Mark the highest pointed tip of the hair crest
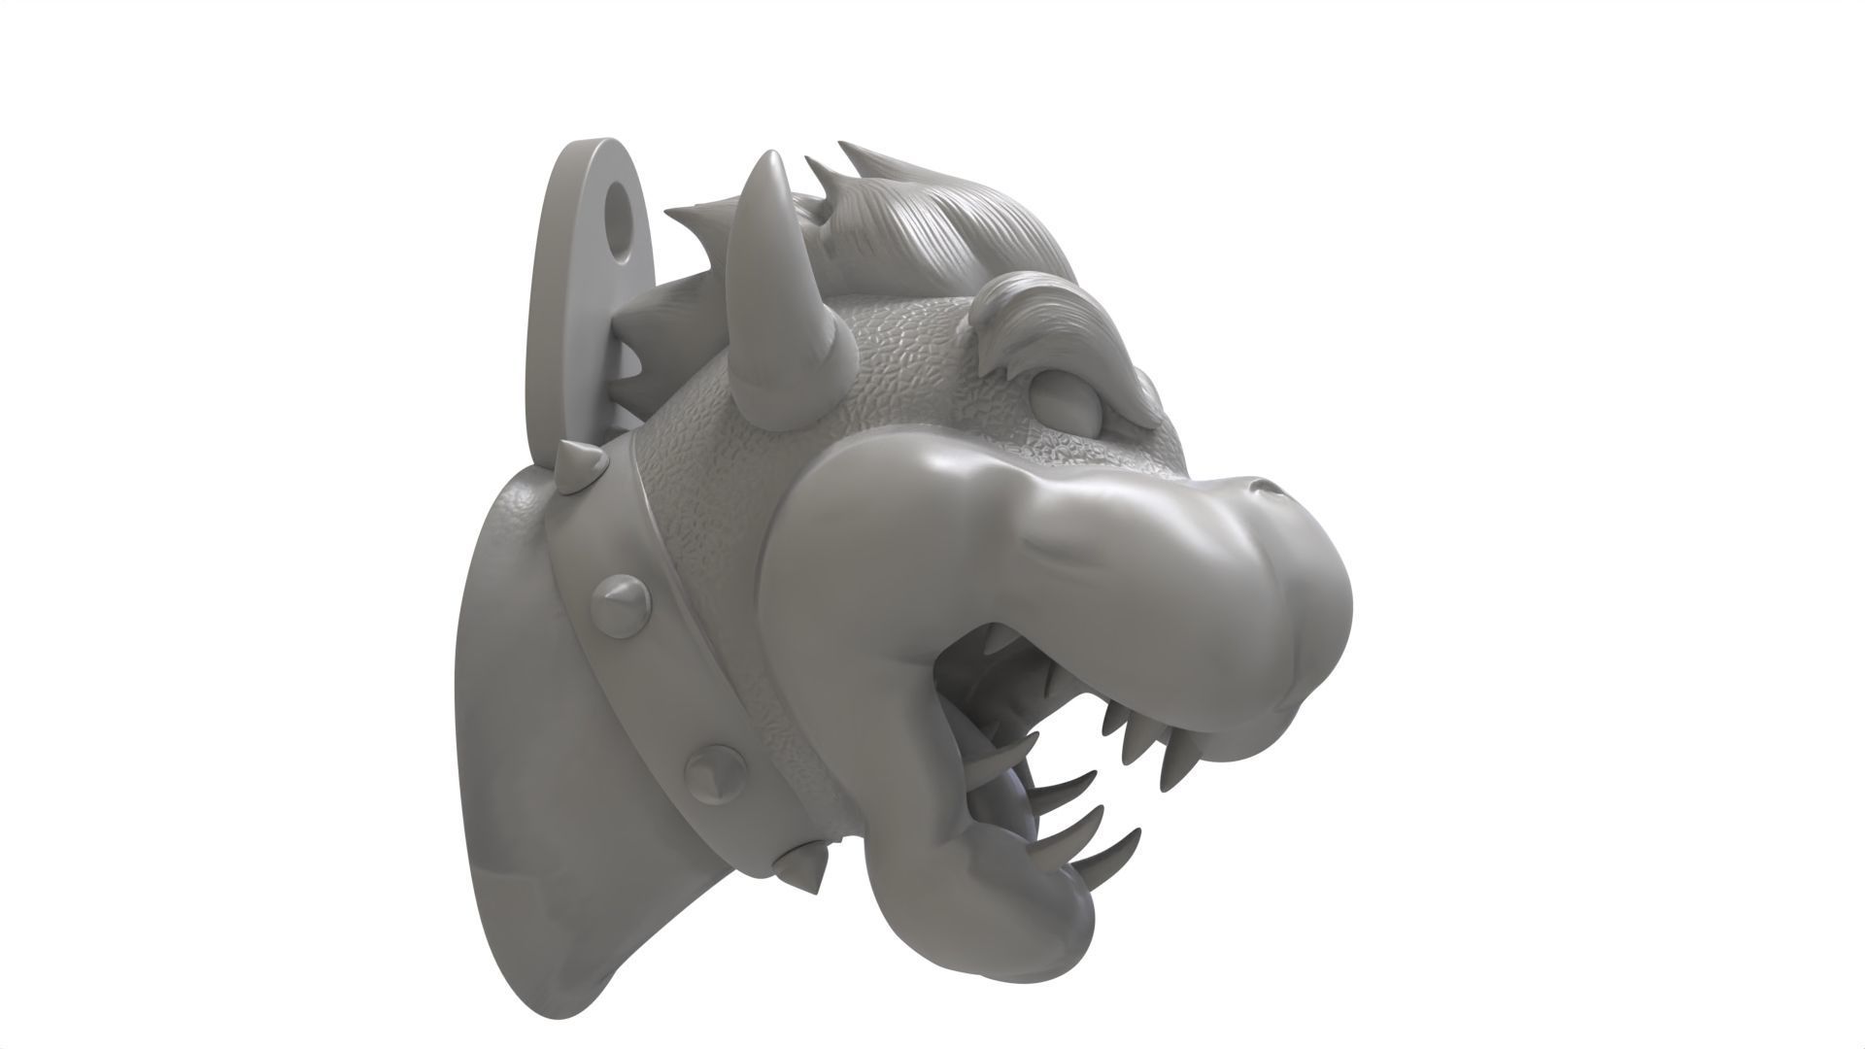point(845,149)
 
